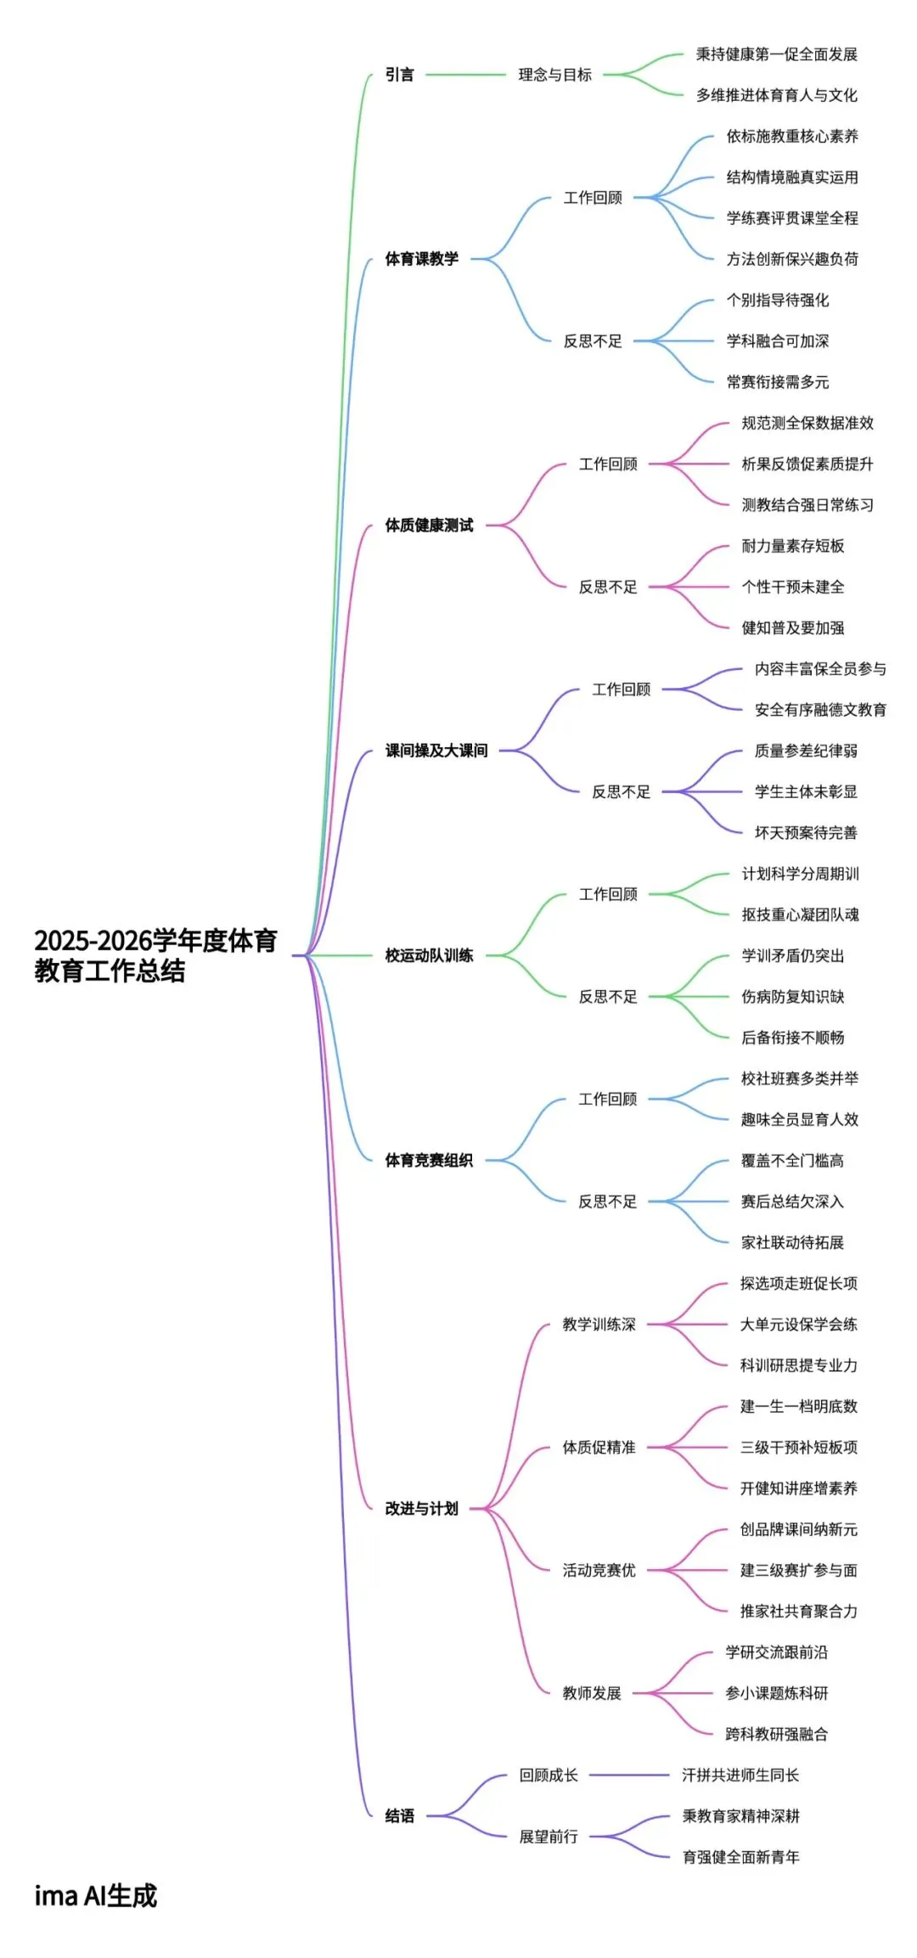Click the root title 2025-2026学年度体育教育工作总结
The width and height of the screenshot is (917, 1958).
(155, 955)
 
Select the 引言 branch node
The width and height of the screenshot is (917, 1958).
(400, 75)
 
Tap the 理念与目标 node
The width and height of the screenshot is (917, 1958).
(554, 75)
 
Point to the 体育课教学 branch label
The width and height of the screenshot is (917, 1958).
(421, 259)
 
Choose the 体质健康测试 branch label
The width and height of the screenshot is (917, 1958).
(429, 526)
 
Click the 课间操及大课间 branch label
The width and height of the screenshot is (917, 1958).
(436, 751)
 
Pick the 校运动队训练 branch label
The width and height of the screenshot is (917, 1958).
(429, 955)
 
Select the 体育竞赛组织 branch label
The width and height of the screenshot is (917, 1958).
(429, 1161)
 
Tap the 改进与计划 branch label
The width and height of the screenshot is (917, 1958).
(421, 1509)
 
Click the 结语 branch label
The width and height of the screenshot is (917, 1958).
(400, 1816)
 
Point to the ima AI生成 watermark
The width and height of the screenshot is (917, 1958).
(96, 1895)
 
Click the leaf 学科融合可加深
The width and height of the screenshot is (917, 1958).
(778, 341)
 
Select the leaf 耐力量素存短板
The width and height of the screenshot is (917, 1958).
(793, 546)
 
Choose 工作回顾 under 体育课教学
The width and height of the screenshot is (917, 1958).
(593, 198)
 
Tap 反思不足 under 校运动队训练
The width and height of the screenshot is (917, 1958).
(608, 997)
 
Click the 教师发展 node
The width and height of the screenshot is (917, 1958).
(592, 1693)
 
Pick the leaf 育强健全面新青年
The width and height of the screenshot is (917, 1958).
(741, 1857)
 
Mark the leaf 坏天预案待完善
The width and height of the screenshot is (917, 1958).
(806, 833)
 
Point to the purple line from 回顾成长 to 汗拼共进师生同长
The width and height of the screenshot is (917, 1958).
(629, 1775)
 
